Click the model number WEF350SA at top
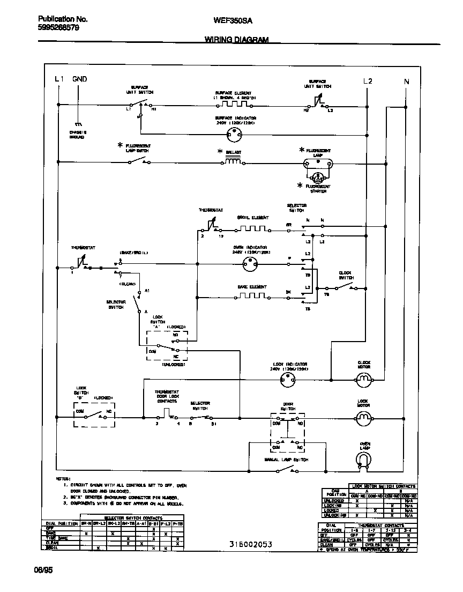(233, 20)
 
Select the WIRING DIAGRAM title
(236, 40)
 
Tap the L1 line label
(59, 79)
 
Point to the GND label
(79, 79)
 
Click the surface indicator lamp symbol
(234, 134)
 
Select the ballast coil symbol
(233, 162)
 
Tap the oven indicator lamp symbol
(250, 263)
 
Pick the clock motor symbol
(364, 380)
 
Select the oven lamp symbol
(364, 460)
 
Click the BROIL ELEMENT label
(253, 218)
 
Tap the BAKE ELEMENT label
(252, 287)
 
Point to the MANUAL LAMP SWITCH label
(286, 460)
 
